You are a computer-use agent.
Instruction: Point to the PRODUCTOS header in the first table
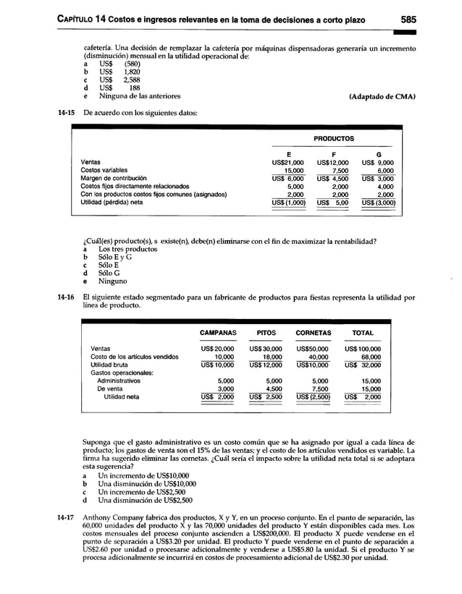point(334,137)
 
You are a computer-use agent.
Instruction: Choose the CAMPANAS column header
point(218,334)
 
